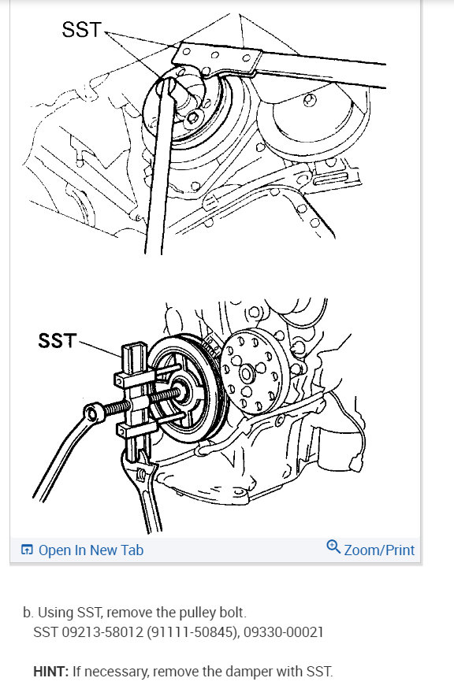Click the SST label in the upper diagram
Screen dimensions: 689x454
[x=82, y=29]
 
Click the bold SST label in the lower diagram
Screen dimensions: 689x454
[x=58, y=341]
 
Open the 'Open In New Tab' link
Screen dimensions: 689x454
[x=91, y=550]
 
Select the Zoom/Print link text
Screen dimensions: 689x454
[x=379, y=550]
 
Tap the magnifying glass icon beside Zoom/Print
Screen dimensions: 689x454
[x=333, y=548]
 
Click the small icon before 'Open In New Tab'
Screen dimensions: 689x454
[x=27, y=550]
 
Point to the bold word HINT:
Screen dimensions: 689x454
[x=50, y=672]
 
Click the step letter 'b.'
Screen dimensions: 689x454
[x=28, y=612]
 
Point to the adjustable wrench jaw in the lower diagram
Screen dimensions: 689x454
[x=142, y=476]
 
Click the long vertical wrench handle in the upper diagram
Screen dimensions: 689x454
[x=154, y=181]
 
